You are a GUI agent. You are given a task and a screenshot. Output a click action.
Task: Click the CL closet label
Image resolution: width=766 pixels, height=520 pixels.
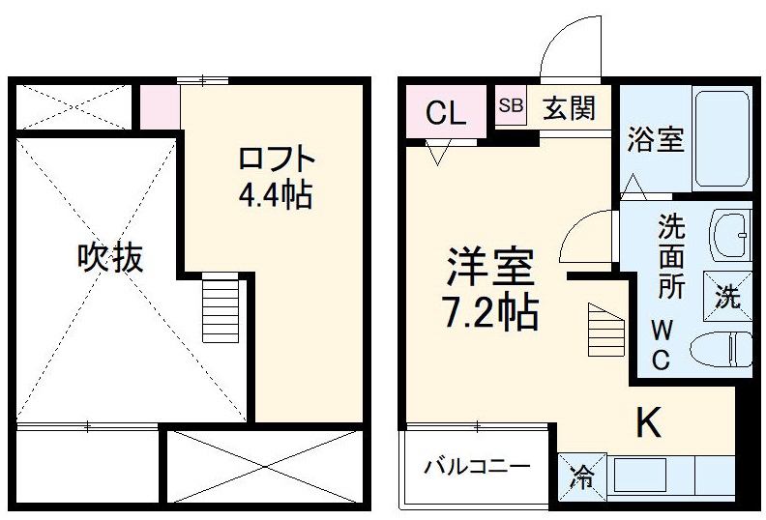tap(447, 113)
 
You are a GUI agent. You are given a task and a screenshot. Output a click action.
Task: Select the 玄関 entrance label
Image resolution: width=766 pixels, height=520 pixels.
tap(568, 107)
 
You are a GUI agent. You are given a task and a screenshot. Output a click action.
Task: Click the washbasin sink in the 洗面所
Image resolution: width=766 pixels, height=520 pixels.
tap(730, 233)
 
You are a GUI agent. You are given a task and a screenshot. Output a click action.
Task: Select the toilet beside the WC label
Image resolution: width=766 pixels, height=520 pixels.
tap(722, 348)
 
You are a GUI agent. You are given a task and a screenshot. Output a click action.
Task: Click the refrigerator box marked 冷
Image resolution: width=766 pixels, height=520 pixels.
tap(582, 475)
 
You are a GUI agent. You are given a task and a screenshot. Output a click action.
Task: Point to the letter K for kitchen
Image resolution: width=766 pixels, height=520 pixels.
tap(648, 422)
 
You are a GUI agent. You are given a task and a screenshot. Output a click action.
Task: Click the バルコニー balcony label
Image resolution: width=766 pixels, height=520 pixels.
tap(477, 468)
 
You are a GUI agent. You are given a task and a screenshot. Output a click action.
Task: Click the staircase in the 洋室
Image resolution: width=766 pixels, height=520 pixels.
tap(605, 330)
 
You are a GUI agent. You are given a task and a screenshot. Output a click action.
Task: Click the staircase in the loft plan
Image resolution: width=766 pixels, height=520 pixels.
tap(221, 306)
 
